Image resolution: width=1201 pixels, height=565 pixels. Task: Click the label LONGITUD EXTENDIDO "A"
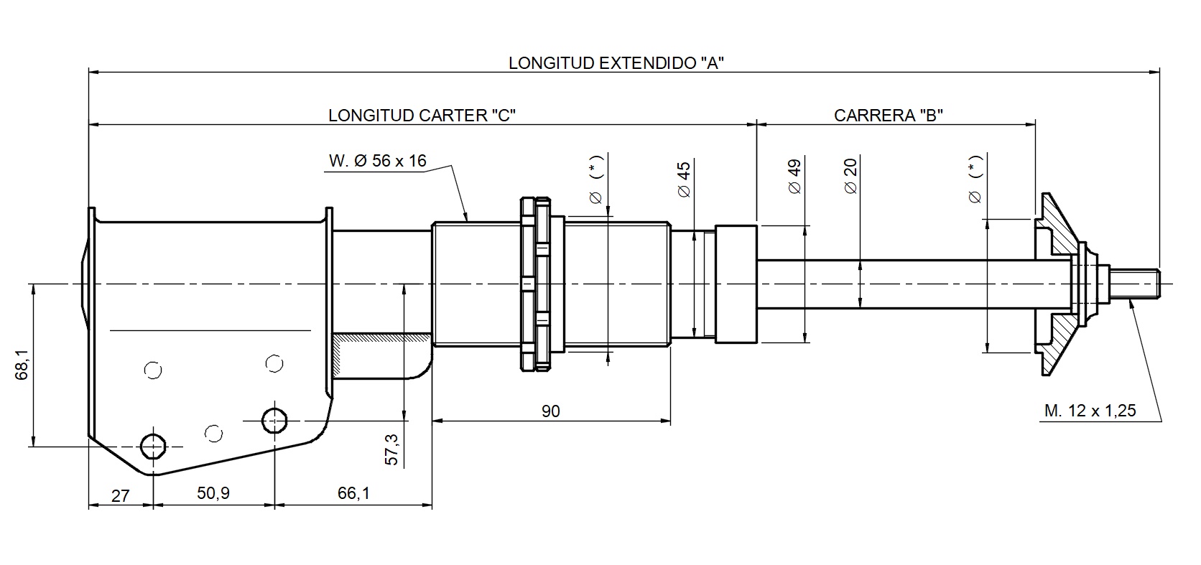coord(616,62)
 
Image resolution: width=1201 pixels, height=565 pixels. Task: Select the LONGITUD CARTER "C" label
coord(422,116)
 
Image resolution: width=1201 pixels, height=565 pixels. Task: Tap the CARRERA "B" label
coord(888,116)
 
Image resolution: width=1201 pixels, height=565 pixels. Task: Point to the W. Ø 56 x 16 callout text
coord(377,161)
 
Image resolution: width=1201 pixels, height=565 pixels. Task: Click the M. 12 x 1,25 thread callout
coord(1090,411)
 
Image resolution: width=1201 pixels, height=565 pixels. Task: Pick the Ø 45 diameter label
coord(683,179)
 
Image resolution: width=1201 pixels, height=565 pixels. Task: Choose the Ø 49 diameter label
coord(794,177)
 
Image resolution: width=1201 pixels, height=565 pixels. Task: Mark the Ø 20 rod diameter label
coord(850,177)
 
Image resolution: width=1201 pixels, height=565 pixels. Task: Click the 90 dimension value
coord(550,411)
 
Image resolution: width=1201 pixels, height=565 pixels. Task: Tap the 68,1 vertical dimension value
coord(22,364)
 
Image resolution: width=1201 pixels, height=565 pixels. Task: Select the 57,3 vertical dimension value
coord(391,449)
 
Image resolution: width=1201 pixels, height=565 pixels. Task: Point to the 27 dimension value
coord(121,495)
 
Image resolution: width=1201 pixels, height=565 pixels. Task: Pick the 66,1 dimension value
coord(353,493)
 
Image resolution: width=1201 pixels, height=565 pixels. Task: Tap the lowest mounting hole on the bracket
coord(152,446)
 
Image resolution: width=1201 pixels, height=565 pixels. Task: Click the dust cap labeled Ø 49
coord(736,284)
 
